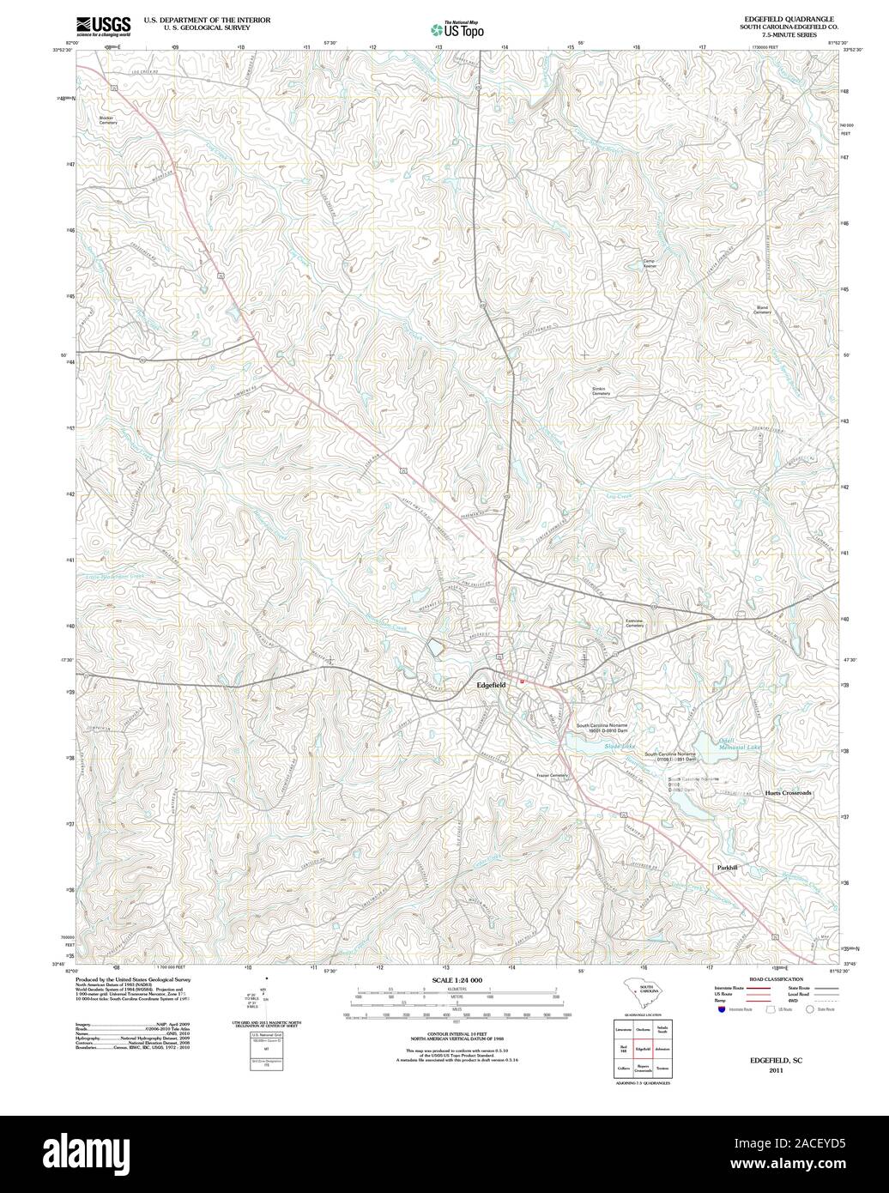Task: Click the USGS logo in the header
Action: point(103,25)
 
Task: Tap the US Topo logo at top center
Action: point(457,29)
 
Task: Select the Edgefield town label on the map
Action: point(497,685)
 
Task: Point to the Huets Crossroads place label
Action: point(787,793)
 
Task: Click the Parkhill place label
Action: point(727,869)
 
